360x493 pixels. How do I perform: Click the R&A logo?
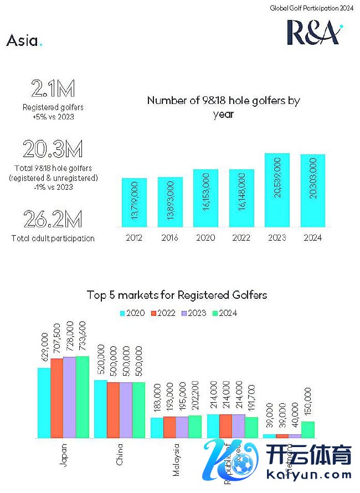tap(314, 33)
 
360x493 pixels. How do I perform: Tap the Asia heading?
tap(24, 41)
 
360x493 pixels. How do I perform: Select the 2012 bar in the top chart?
tap(133, 203)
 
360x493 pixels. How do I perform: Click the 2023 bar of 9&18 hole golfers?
tap(277, 190)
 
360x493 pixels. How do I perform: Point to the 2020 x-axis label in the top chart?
tap(205, 238)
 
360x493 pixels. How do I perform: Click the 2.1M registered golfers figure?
tap(53, 89)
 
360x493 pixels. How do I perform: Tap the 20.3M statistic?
tap(53, 149)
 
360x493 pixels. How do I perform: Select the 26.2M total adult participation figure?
tap(53, 220)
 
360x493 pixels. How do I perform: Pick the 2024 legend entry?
tap(224, 313)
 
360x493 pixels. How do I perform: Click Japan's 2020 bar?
tap(44, 403)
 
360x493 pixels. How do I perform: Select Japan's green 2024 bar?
tap(82, 397)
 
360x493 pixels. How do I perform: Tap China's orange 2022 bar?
tap(113, 410)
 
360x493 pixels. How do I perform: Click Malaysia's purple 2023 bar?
tap(182, 427)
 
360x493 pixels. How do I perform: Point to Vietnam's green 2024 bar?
tap(307, 430)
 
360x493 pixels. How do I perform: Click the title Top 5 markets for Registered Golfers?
tap(177, 295)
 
